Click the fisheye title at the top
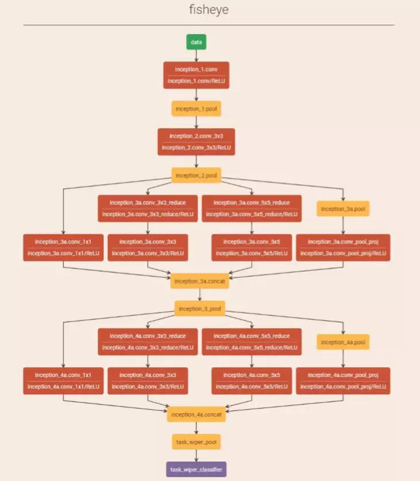(x=209, y=10)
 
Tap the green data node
(x=196, y=42)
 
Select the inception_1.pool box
(x=196, y=108)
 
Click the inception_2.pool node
(x=196, y=175)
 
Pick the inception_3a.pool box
(x=343, y=208)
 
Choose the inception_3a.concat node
(x=200, y=281)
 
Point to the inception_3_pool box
(x=200, y=309)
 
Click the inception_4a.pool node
(x=343, y=342)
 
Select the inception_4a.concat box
(x=196, y=414)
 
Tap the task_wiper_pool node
(x=196, y=442)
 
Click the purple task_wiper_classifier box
(x=196, y=470)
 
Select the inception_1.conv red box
(x=196, y=75)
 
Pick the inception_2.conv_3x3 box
(x=196, y=142)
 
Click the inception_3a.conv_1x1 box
(x=63, y=247)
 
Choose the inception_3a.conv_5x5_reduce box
(x=252, y=208)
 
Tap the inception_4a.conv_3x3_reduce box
(x=148, y=342)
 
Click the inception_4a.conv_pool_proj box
(x=343, y=381)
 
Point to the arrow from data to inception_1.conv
(x=196, y=56)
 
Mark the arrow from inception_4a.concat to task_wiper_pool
(x=196, y=428)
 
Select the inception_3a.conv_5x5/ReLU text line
(x=252, y=253)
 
